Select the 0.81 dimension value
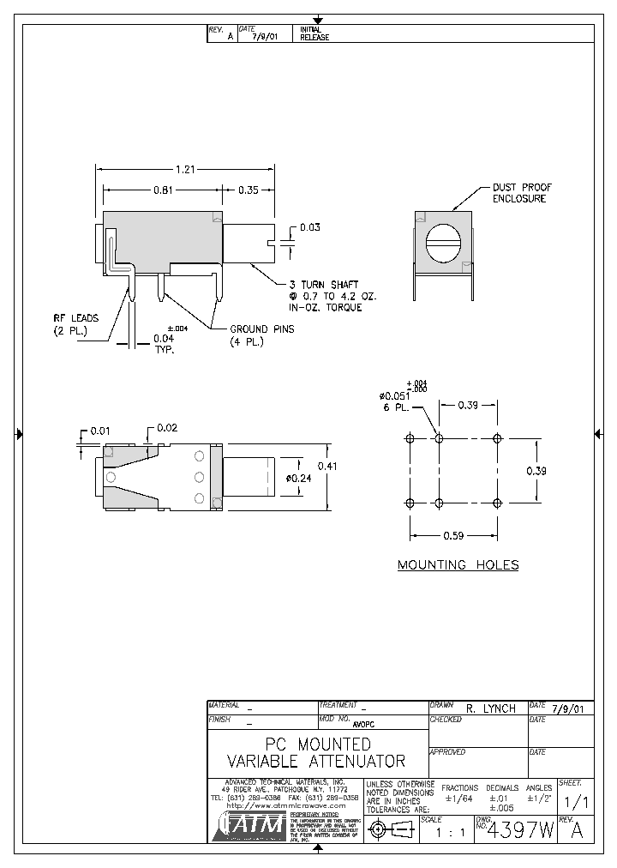pos(164,190)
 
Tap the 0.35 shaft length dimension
pos(249,190)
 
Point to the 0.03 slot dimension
pos(309,227)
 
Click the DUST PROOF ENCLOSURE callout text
pos(521,193)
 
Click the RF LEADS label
pos(75,324)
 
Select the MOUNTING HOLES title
pos(458,564)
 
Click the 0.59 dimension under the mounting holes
pos(453,536)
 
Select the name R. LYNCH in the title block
pos(490,708)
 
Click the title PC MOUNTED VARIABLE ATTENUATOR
pos(316,752)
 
